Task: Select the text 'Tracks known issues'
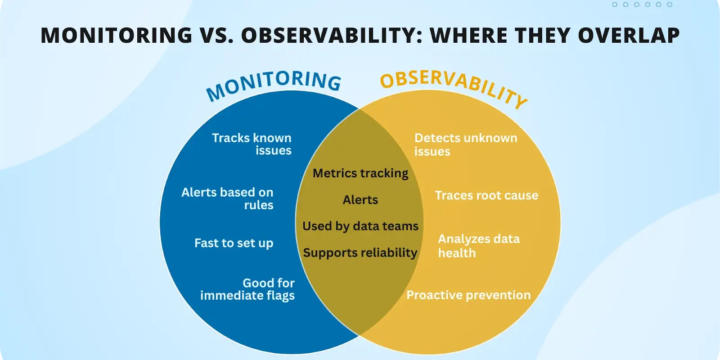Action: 252,144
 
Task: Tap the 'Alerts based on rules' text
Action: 228,198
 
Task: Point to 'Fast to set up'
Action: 234,243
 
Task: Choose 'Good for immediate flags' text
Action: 248,289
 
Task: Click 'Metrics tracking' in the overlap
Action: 360,173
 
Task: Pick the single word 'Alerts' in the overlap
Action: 360,200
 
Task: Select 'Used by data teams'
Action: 360,226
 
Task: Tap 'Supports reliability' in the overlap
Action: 360,253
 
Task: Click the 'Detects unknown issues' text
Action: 465,144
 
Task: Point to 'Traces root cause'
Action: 486,195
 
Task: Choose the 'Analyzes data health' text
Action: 478,246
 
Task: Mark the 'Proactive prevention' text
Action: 468,295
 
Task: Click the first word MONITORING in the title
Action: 117,36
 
